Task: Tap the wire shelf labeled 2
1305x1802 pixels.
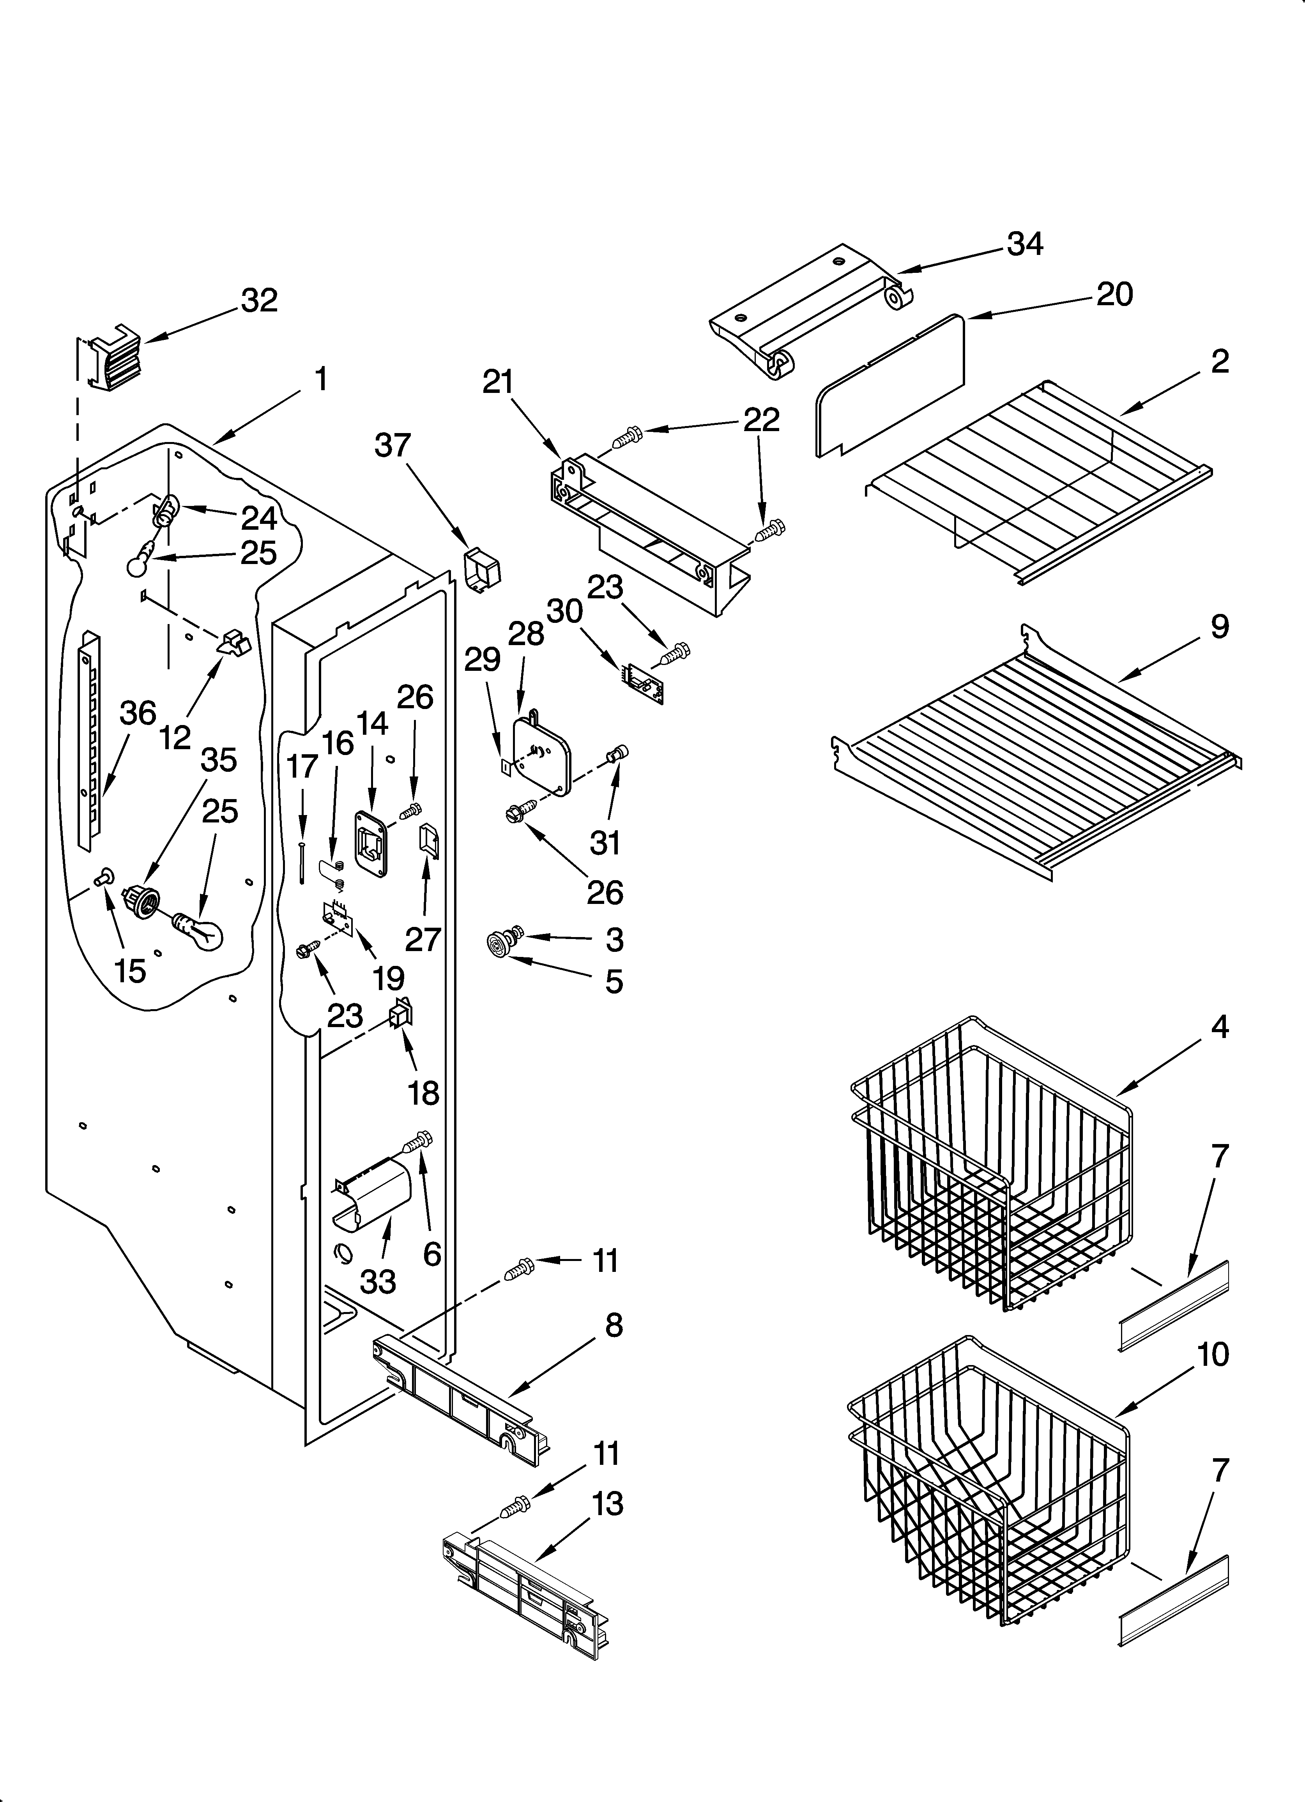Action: (x=1041, y=477)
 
